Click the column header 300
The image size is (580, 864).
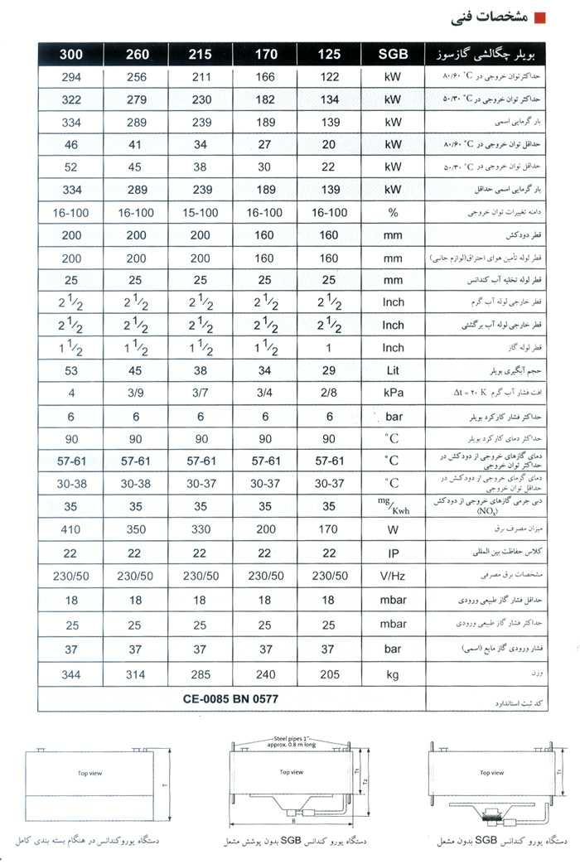[x=71, y=55]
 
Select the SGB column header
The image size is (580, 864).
[x=393, y=55]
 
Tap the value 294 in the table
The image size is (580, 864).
[x=71, y=77]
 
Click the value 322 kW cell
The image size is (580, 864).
[x=71, y=99]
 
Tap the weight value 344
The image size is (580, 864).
[x=71, y=675]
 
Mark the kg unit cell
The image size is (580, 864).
[x=393, y=675]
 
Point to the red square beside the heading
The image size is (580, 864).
[x=540, y=17]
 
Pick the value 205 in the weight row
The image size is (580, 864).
[x=329, y=675]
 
